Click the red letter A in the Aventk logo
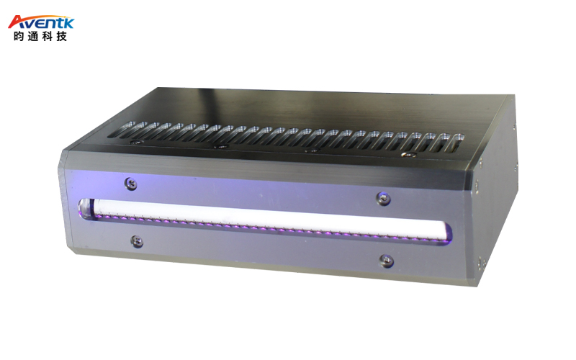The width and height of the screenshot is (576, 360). pyautogui.click(x=16, y=22)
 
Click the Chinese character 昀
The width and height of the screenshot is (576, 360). pyautogui.click(x=19, y=37)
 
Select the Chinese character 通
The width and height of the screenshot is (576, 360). pyautogui.click(x=32, y=37)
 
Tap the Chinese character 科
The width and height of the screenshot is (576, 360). pyautogui.click(x=47, y=37)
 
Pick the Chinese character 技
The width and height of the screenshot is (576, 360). pyautogui.click(x=61, y=37)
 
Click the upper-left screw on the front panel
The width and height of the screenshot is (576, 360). pyautogui.click(x=130, y=184)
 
